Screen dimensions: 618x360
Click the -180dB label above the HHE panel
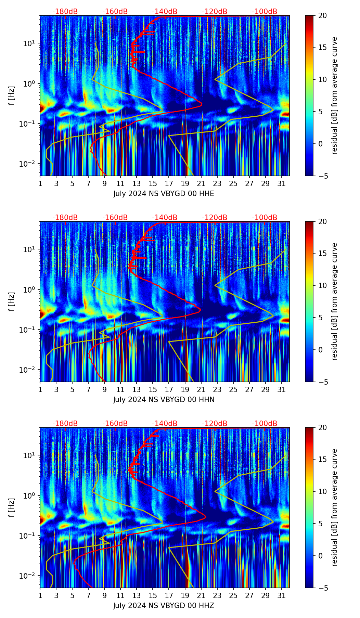pos(65,12)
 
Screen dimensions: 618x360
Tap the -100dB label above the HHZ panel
pos(265,424)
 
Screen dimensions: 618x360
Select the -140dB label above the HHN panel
pos(165,218)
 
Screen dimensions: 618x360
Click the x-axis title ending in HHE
pos(164,194)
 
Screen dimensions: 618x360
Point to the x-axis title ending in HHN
pos(164,400)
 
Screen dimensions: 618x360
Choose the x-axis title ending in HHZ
pos(164,606)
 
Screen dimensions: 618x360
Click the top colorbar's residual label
pos(335,95)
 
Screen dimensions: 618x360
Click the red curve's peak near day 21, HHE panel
pos(202,103)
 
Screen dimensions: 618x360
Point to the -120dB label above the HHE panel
pos(215,12)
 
